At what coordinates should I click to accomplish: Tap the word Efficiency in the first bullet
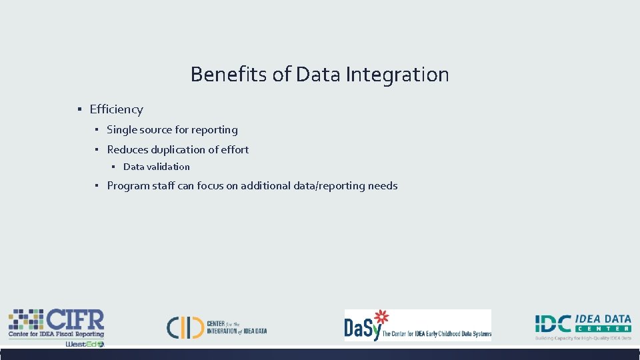[x=116, y=109]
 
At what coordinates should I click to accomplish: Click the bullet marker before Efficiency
[x=79, y=109]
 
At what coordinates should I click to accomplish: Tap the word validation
[x=168, y=167]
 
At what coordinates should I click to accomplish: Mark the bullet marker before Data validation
[x=114, y=167]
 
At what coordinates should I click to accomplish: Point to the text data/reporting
[x=329, y=186]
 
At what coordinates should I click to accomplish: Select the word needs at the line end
[x=383, y=186]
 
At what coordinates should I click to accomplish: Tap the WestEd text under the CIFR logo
[x=81, y=344]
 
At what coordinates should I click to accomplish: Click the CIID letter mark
[x=185, y=327]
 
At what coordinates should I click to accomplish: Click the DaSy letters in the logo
[x=362, y=327]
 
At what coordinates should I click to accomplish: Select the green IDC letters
[x=553, y=323]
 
